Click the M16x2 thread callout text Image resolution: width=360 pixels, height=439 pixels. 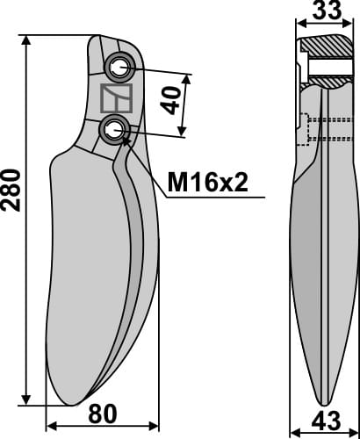(x=208, y=183)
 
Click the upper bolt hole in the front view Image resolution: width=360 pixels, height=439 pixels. (x=117, y=68)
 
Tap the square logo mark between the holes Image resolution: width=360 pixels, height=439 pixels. (x=115, y=98)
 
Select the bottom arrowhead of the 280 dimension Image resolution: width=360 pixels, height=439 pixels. (x=29, y=399)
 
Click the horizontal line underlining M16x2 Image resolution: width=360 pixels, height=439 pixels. (x=211, y=198)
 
